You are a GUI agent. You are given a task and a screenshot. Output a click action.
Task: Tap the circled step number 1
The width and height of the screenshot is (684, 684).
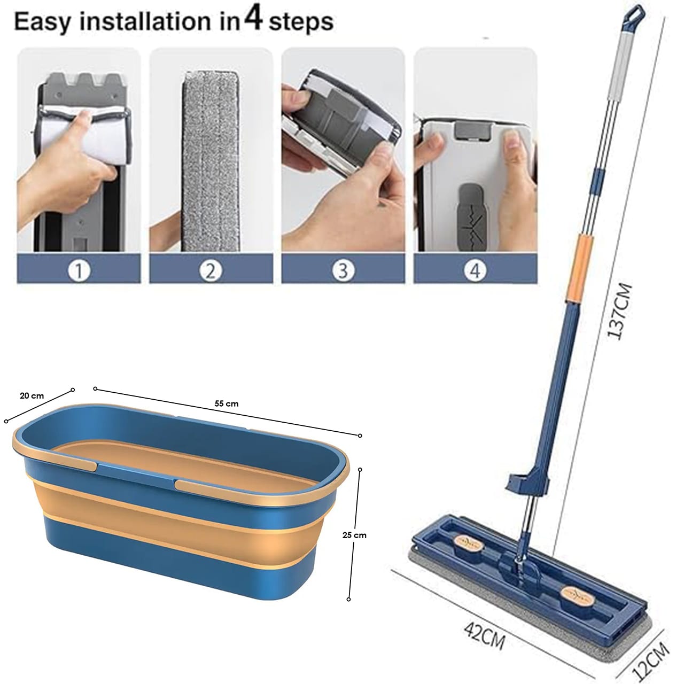(x=79, y=271)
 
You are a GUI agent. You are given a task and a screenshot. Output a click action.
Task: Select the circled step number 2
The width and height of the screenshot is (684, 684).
(x=211, y=271)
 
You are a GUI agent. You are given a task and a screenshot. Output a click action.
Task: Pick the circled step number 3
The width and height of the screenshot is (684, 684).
(x=343, y=271)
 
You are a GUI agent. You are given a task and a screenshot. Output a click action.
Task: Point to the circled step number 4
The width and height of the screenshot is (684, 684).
(x=475, y=271)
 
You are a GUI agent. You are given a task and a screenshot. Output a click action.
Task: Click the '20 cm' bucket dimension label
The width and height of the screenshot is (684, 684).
(x=32, y=396)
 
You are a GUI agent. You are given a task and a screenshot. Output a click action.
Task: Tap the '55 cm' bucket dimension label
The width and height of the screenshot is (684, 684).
(x=227, y=403)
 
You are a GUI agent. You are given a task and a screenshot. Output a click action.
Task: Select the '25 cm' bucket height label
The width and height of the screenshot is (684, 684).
(x=354, y=535)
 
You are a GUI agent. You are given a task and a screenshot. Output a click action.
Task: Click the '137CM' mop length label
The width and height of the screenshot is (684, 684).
(x=620, y=311)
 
